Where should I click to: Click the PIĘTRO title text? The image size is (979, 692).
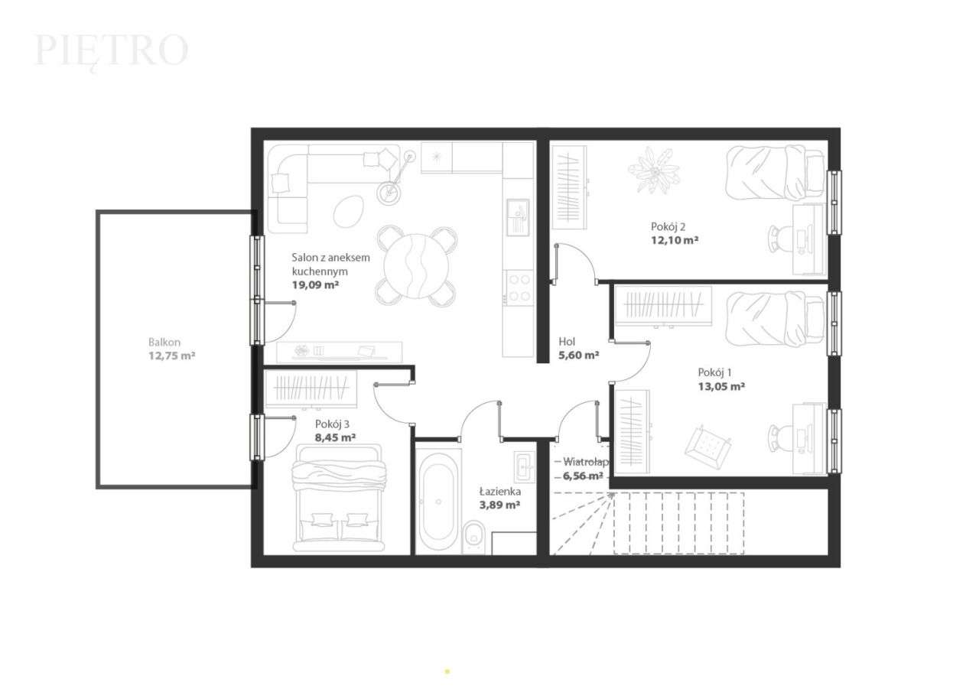tap(112, 50)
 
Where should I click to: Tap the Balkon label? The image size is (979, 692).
tap(164, 343)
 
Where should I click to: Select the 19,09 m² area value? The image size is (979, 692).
tap(315, 284)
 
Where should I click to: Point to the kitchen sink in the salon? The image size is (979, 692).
tap(518, 216)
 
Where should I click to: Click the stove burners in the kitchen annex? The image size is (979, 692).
tap(519, 288)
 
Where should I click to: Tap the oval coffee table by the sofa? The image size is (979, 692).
tap(349, 210)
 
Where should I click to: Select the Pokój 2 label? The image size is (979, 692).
tap(668, 226)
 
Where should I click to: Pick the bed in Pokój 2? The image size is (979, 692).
tap(773, 173)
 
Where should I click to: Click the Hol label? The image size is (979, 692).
tap(567, 342)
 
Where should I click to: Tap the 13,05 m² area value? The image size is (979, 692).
tap(721, 386)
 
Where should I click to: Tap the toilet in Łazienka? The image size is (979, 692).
tap(474, 534)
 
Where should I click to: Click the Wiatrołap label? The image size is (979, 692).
tap(585, 462)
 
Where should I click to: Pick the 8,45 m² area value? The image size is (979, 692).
tap(336, 437)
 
